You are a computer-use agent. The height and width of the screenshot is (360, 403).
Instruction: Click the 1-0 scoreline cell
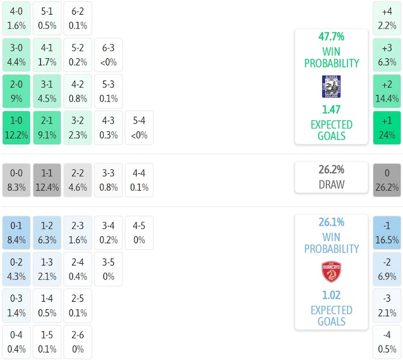pos(16,128)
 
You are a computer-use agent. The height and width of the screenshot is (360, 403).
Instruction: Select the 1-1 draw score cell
pos(47,180)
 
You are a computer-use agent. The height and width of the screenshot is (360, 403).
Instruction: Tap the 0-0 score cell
pos(16,180)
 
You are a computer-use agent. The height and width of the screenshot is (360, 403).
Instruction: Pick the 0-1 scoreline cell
pos(16,232)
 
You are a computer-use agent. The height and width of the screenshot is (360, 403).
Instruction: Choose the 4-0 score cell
pos(16,18)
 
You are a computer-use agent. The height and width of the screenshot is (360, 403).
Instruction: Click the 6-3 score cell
pos(108,54)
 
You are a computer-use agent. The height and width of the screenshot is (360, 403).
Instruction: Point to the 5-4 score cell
pos(139,128)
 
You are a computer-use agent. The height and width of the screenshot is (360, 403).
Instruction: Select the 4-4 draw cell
pos(139,180)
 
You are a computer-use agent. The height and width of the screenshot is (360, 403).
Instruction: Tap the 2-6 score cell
pos(78,342)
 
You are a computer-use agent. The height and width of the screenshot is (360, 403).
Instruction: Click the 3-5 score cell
pos(108,269)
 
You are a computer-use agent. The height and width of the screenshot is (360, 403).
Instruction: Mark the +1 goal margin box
pos(387,128)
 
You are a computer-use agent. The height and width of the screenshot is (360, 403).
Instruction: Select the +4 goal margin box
pos(387,18)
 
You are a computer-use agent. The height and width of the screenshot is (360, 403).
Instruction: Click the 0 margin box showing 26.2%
pos(387,180)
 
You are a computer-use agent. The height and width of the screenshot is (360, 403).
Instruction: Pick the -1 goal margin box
pos(387,232)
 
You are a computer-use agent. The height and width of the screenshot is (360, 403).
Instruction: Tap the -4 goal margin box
pos(387,342)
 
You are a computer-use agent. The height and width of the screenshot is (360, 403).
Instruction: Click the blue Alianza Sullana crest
pos(331,86)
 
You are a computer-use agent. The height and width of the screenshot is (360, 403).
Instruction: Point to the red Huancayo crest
pos(331,272)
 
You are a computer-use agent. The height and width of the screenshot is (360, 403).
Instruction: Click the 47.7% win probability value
pos(331,37)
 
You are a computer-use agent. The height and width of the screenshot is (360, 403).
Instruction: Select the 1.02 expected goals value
pos(331,295)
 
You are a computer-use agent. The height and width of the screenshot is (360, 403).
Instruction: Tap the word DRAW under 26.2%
pos(331,184)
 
